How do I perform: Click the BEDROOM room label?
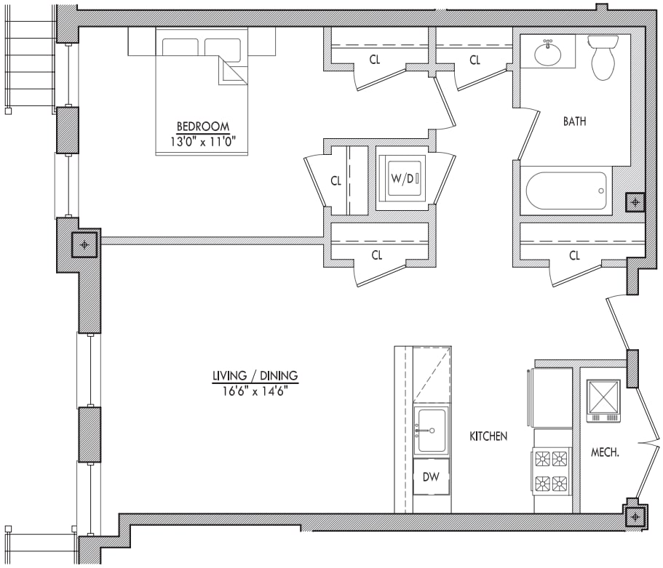pyautogui.click(x=202, y=125)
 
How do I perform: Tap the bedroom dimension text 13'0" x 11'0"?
pyautogui.click(x=202, y=141)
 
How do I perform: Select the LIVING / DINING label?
pyautogui.click(x=255, y=375)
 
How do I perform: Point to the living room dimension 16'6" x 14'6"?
pyautogui.click(x=255, y=391)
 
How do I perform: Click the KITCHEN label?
pyautogui.click(x=488, y=436)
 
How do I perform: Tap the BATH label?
pyautogui.click(x=573, y=121)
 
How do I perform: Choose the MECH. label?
pyautogui.click(x=604, y=452)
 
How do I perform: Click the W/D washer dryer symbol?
pyautogui.click(x=401, y=178)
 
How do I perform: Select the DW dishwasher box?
pyautogui.click(x=432, y=477)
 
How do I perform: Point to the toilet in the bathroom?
pyautogui.click(x=603, y=57)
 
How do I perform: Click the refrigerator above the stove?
pyautogui.click(x=552, y=397)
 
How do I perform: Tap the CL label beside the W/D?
pyautogui.click(x=336, y=181)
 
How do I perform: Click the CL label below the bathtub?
pyautogui.click(x=574, y=255)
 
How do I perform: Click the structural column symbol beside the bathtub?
pyautogui.click(x=635, y=202)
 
